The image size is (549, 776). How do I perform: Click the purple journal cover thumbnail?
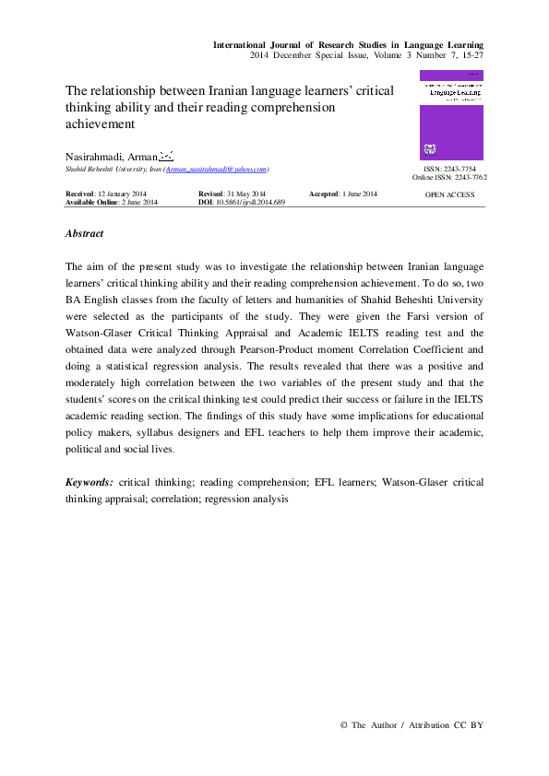[x=451, y=115]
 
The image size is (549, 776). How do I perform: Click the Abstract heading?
[x=85, y=234]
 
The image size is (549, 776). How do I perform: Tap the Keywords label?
[x=90, y=482]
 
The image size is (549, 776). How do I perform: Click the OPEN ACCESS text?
[x=449, y=194]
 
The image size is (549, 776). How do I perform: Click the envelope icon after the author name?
[x=166, y=155]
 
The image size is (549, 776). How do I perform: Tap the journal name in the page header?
[x=349, y=44]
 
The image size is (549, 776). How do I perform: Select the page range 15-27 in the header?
[x=470, y=55]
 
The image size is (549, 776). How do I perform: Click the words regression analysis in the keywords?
[x=246, y=499]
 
